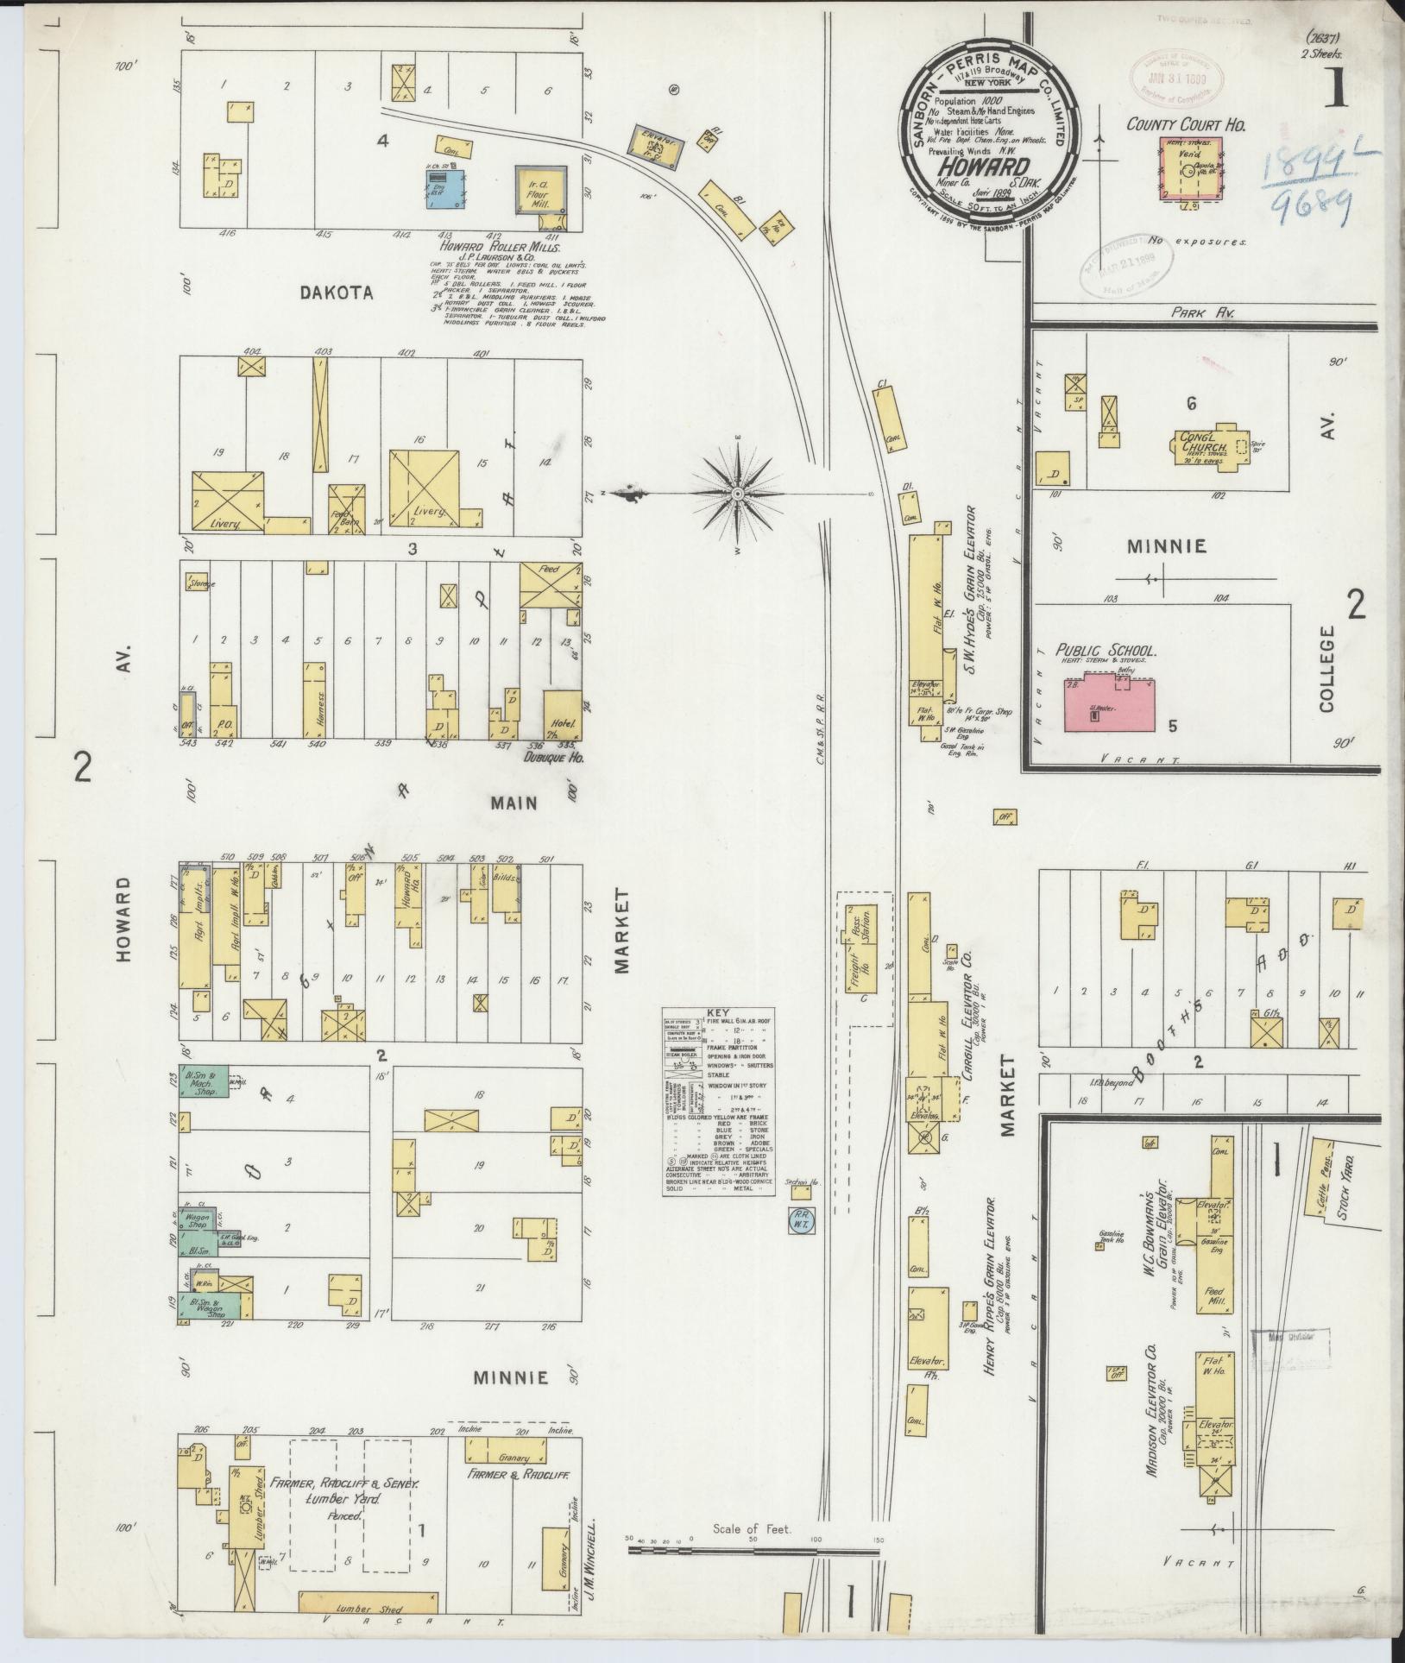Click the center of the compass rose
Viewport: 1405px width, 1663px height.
tap(738, 494)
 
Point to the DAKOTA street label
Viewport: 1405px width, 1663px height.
tap(337, 293)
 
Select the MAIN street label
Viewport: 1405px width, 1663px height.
tap(514, 803)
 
